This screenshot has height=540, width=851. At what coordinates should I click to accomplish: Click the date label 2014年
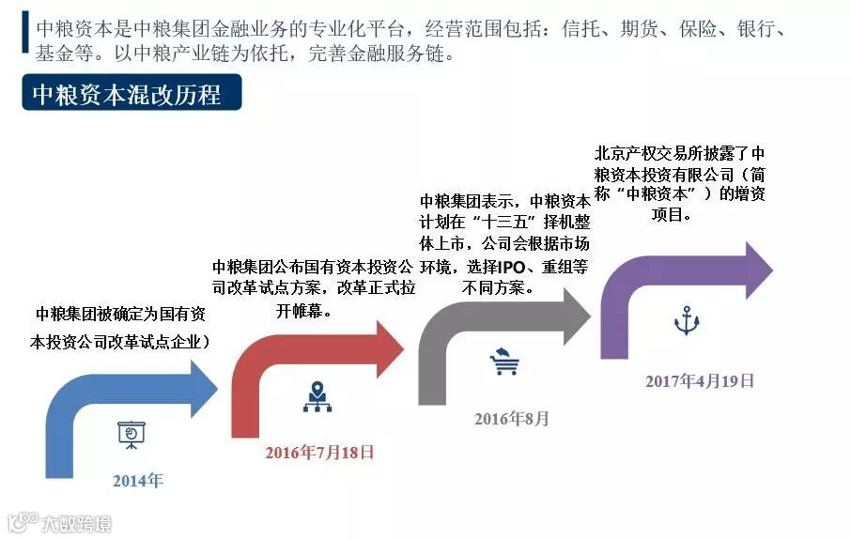pos(138,481)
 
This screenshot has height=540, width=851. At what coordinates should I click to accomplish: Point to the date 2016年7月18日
pos(319,452)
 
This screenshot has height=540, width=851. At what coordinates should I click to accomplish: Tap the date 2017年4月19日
pos(700,380)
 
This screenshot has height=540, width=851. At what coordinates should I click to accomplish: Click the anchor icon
pos(688,321)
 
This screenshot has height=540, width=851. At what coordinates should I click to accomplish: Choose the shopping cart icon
pos(504,361)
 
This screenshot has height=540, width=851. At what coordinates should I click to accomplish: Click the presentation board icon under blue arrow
pos(131,433)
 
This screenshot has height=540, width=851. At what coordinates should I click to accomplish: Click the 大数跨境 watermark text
pos(75,523)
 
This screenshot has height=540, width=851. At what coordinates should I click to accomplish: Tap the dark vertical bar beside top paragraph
pos(24,38)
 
